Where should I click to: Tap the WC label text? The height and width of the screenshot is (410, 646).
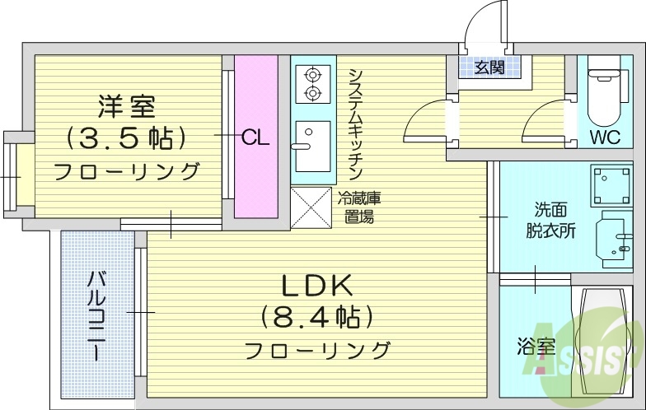pyautogui.click(x=605, y=137)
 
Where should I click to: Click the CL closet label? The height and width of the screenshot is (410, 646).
pyautogui.click(x=255, y=137)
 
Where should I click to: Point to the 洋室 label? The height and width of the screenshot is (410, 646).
pyautogui.click(x=126, y=106)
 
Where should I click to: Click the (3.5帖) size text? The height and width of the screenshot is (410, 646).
pyautogui.click(x=125, y=137)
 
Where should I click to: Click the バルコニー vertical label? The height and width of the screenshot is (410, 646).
pyautogui.click(x=96, y=316)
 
